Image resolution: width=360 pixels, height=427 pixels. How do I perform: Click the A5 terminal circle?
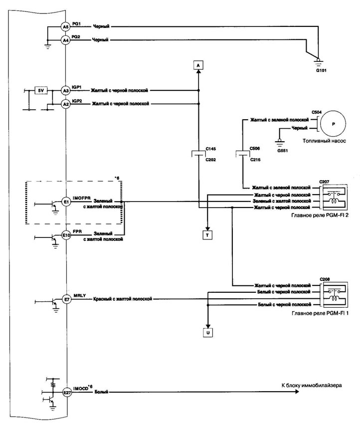point(66,27)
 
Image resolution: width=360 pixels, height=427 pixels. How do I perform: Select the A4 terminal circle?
point(66,40)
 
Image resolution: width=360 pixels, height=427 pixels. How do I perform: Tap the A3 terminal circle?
point(66,91)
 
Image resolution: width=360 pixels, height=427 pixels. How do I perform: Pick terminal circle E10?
point(66,235)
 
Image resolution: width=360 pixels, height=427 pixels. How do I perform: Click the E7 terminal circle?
point(66,299)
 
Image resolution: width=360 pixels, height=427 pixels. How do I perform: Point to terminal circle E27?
point(66,393)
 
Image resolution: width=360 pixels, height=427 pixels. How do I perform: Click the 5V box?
point(41,90)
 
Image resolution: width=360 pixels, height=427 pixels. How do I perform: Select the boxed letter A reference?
point(198,65)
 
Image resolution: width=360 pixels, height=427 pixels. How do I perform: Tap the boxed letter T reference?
point(207,235)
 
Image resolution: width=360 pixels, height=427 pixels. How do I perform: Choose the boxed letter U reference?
point(208,333)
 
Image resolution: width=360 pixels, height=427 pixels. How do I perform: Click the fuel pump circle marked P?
point(334,124)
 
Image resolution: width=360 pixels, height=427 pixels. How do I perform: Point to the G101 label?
point(321,70)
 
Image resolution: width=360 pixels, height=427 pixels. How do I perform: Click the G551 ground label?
point(283,150)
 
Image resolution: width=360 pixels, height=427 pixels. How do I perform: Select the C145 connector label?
point(210,149)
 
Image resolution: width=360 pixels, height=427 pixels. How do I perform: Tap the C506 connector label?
point(255,149)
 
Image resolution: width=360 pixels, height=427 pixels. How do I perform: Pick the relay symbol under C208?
point(335,295)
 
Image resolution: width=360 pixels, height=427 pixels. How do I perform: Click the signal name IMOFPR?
point(82,198)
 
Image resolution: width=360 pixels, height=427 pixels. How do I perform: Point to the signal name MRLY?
point(79,295)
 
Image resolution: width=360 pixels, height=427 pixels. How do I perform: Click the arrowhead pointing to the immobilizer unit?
point(297,392)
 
